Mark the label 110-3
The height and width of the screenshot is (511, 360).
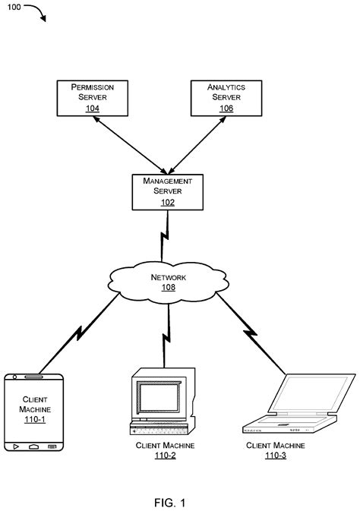(276, 456)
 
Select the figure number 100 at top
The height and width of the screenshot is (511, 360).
(14, 7)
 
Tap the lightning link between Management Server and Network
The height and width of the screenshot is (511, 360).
(164, 239)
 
